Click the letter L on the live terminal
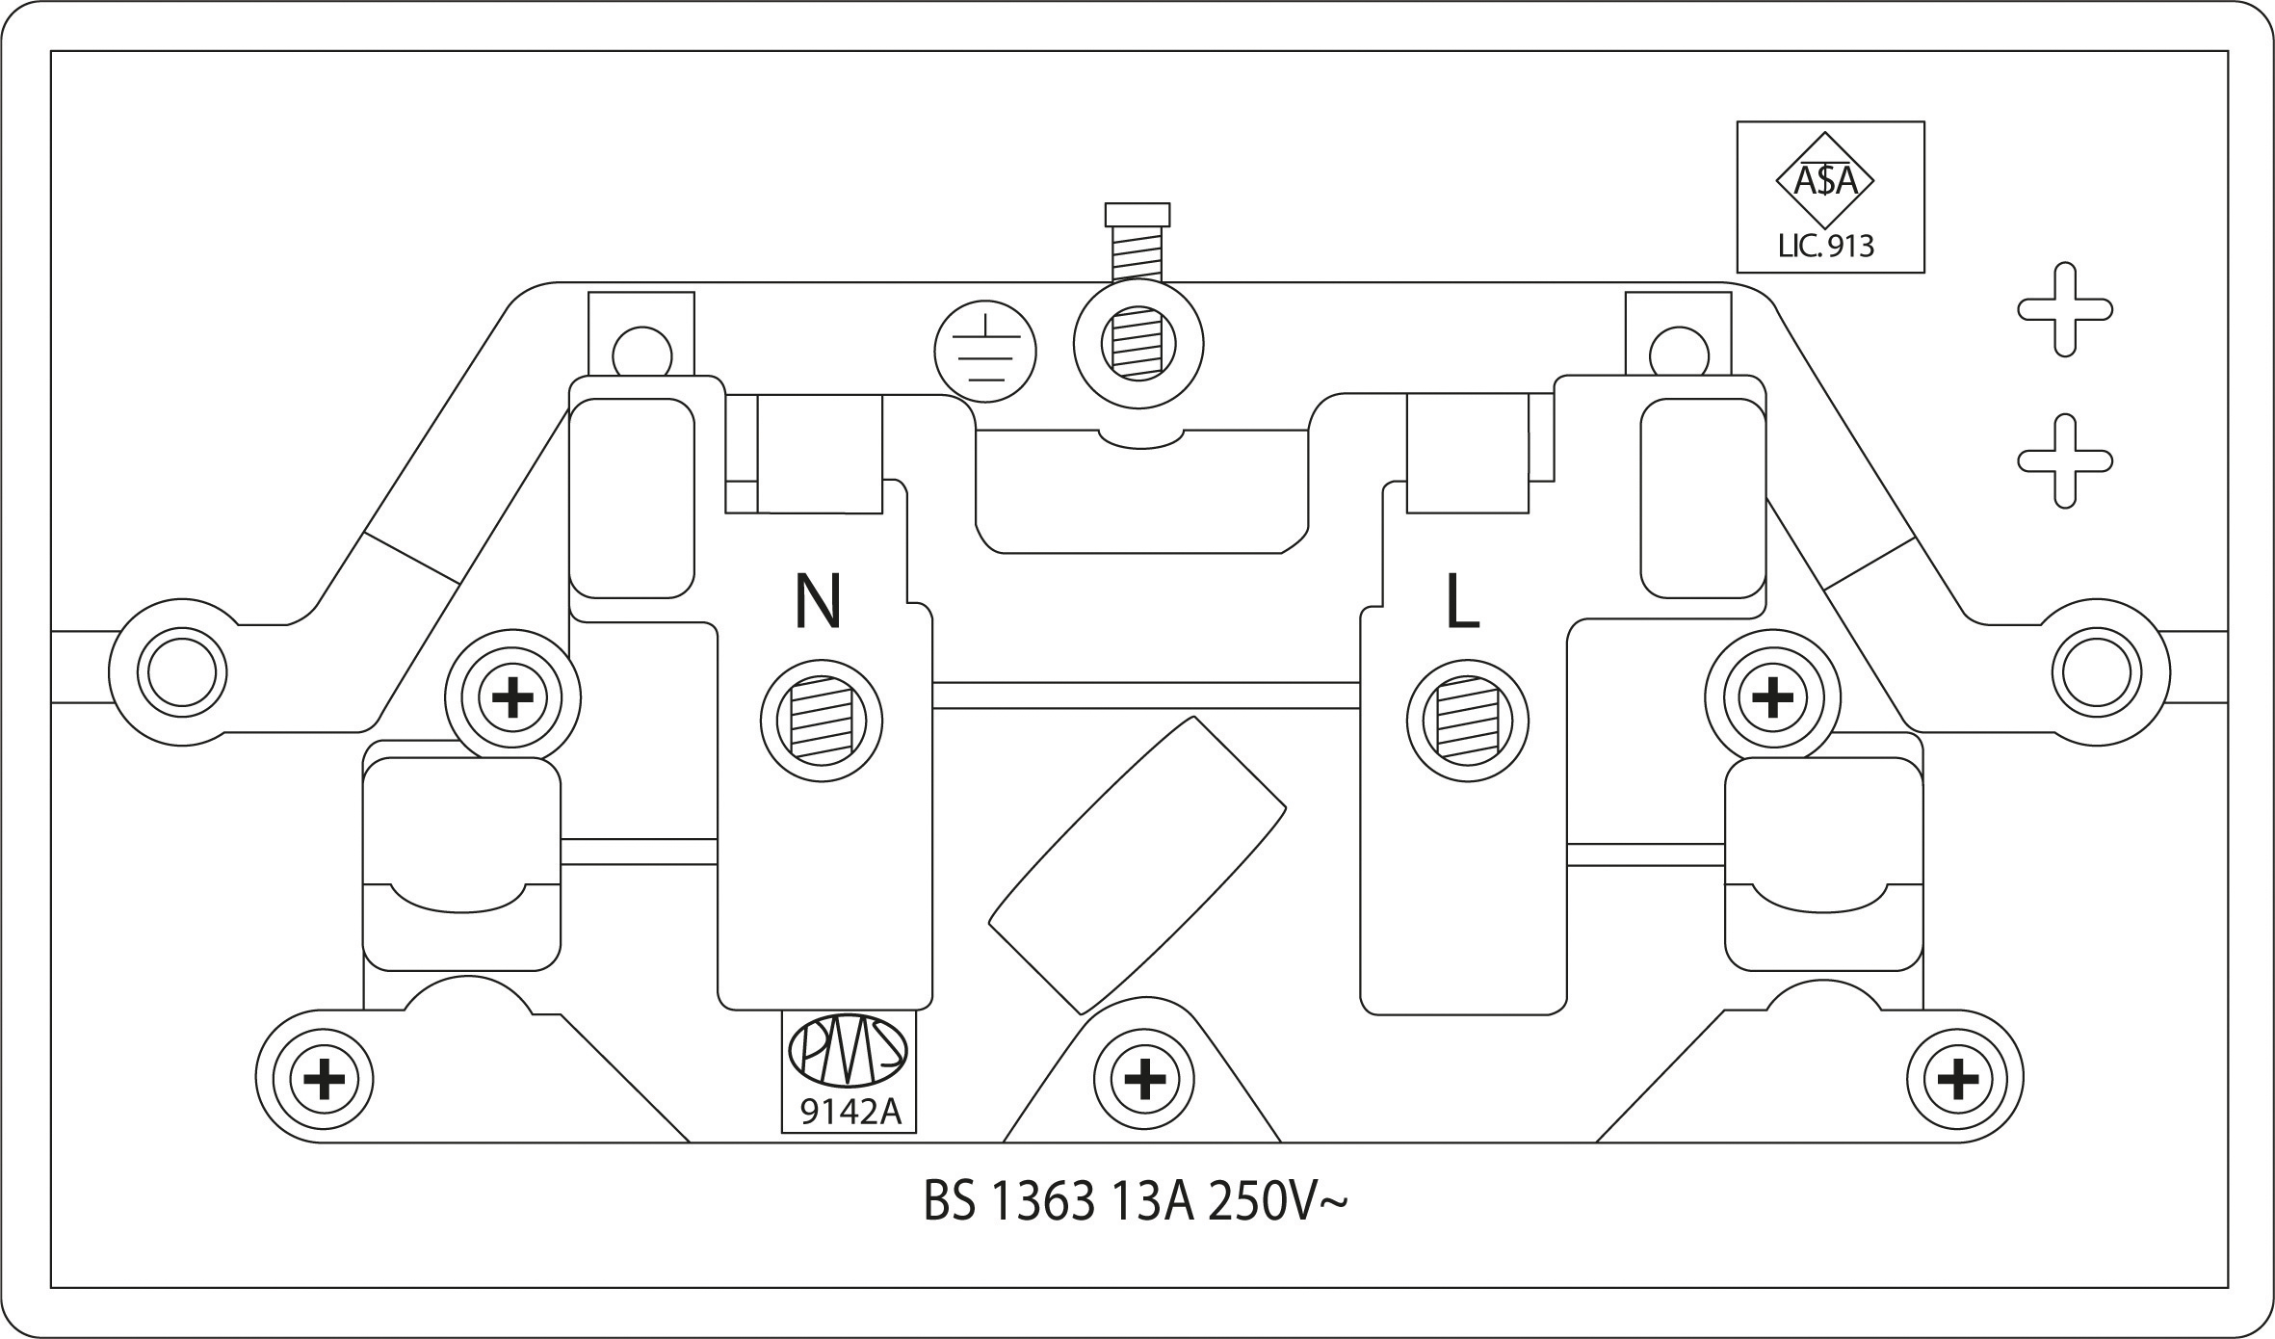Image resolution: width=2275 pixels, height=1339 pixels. click(1462, 602)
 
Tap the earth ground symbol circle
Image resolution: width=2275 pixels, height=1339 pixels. click(985, 353)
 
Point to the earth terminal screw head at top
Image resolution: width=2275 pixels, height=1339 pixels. click(1137, 214)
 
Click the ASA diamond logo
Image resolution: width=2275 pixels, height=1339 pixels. click(1824, 181)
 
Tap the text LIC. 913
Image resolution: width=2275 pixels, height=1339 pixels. click(1825, 246)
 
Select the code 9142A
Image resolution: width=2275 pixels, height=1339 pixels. click(850, 1112)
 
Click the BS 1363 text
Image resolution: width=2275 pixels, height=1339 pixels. click(1009, 1203)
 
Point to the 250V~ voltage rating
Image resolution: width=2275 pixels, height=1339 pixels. click(1277, 1203)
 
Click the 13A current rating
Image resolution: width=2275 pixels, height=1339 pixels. click(1153, 1203)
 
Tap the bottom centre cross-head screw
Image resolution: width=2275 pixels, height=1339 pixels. click(1145, 1079)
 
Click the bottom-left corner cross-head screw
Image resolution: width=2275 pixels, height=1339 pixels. click(325, 1079)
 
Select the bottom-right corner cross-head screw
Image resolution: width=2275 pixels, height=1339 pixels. click(1957, 1079)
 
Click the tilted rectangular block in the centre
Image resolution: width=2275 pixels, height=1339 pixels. click(1137, 865)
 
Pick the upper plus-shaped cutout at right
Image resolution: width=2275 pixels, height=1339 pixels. click(2065, 309)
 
